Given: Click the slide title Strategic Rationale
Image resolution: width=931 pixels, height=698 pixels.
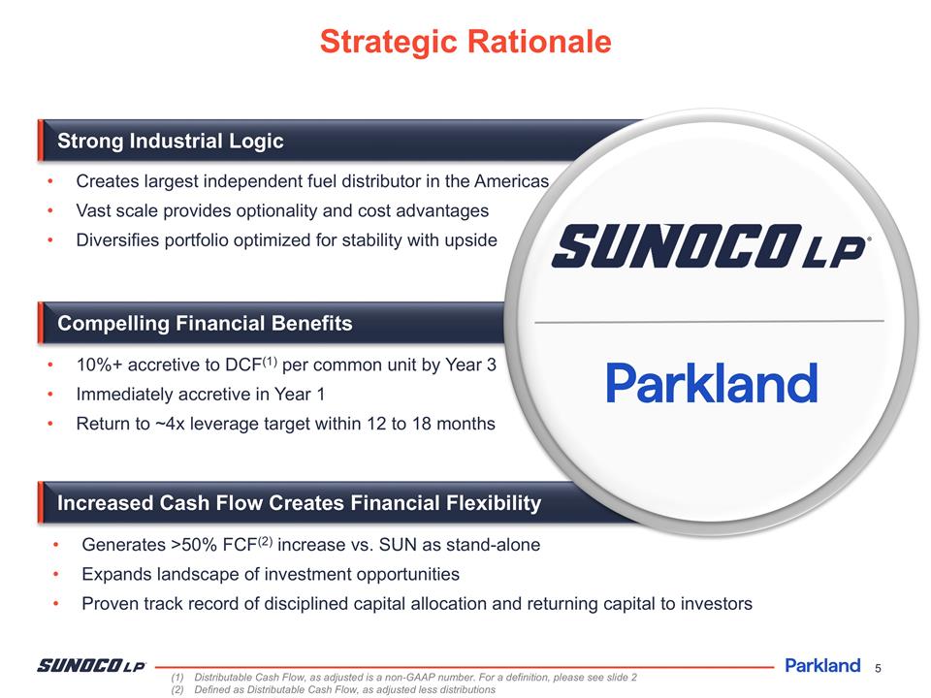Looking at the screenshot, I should tap(465, 42).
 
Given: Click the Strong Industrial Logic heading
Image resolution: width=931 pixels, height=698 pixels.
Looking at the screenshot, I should tap(171, 142).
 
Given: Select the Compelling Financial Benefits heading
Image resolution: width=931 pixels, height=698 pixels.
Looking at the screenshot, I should tap(205, 324).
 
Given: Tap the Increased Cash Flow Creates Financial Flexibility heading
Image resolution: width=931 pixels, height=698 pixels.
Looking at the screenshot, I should tap(299, 503).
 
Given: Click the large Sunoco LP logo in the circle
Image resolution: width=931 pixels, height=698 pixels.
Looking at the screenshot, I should tap(710, 245).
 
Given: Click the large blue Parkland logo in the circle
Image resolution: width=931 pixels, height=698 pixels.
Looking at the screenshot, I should tap(711, 383).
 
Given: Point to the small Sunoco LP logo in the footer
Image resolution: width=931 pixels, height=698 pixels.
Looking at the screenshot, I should tap(91, 665).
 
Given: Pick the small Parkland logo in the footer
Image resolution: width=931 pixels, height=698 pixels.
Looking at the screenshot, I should tap(821, 665).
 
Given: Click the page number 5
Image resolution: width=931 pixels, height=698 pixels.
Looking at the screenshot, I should tap(878, 667).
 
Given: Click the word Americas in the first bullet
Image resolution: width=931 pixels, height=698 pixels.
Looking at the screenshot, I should tap(511, 182).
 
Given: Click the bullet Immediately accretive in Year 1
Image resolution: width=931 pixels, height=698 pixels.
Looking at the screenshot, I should tap(200, 395).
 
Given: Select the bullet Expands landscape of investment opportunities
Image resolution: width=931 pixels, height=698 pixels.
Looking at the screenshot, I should tap(271, 575).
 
